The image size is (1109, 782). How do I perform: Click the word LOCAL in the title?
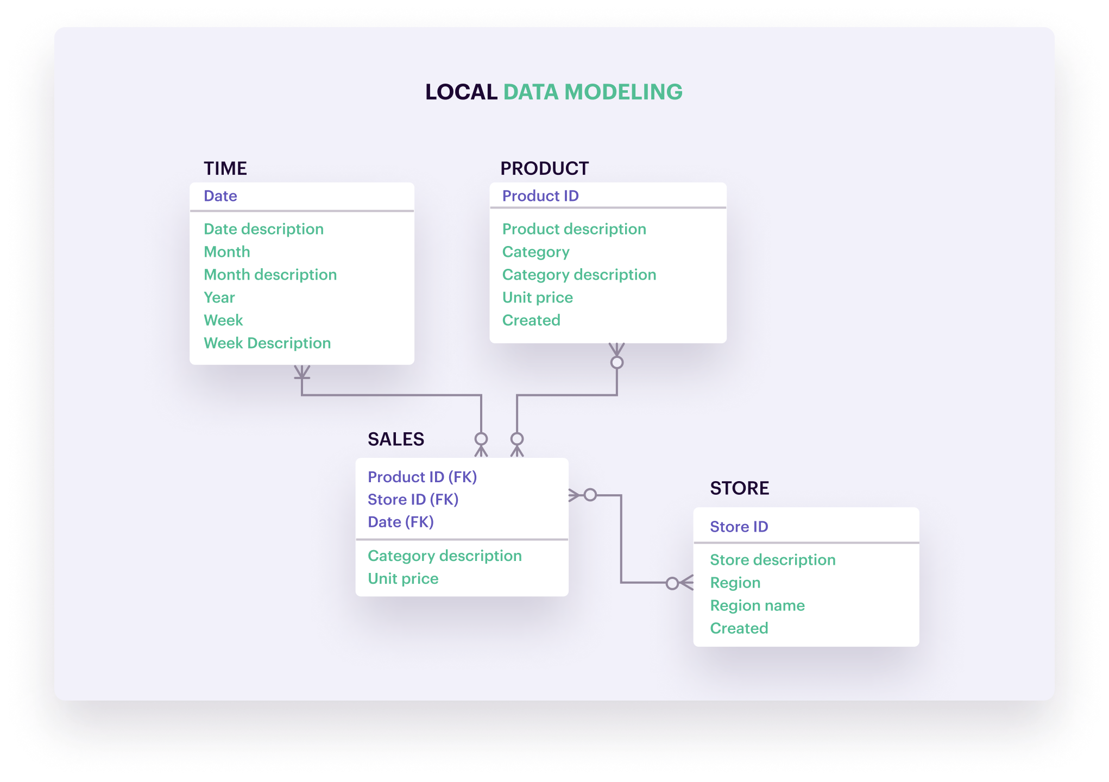coord(461,92)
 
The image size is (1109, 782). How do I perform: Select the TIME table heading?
coord(225,168)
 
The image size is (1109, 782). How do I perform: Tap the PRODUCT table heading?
coord(544,168)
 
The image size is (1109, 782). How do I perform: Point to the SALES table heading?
coord(395,439)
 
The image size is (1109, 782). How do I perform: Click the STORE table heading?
coord(739,488)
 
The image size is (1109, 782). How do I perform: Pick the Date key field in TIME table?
coord(220,196)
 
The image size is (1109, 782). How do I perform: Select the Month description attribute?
coord(270,275)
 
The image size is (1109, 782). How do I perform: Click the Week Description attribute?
coord(267,343)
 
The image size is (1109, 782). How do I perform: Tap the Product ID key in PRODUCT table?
coord(540,196)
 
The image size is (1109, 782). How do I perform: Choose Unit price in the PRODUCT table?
coord(537,298)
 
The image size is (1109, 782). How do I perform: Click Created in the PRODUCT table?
coord(531,320)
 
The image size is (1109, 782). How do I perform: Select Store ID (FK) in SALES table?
coord(413,500)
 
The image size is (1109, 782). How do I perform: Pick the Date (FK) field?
coord(400,522)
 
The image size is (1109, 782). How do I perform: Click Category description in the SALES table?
coord(444,556)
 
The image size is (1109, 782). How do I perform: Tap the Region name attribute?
coord(757,606)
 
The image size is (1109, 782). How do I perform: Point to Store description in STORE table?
coord(772,560)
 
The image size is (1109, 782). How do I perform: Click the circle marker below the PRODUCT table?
coord(617,362)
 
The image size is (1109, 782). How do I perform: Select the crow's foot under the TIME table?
coord(302,372)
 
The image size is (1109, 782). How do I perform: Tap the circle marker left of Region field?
coord(672,583)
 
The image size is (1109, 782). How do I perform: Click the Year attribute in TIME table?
coord(219,298)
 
